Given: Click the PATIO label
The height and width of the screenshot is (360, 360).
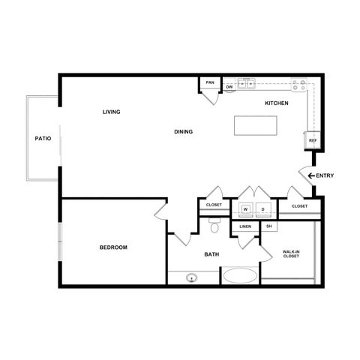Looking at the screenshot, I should [x=42, y=139].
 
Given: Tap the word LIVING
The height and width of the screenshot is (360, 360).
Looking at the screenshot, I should [x=112, y=112].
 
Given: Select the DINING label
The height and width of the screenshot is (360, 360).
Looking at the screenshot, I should [x=184, y=132].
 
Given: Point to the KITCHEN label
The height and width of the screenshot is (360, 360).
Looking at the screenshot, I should [x=277, y=103].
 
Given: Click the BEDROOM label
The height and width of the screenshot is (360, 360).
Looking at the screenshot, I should [x=112, y=247].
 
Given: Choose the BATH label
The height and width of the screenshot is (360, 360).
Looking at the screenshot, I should [x=212, y=255].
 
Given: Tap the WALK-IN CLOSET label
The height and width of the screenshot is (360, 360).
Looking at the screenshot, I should [x=291, y=254].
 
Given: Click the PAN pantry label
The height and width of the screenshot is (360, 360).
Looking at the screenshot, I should [x=210, y=84].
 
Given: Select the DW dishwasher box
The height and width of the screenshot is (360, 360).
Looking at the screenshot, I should [x=229, y=87].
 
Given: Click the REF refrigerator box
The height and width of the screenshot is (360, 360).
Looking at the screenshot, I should [x=312, y=140].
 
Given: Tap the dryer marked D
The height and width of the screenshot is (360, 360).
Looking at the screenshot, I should [x=263, y=208].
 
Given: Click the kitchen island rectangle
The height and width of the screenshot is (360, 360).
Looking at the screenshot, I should [x=257, y=126].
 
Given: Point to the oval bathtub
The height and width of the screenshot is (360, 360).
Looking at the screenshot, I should [x=238, y=276].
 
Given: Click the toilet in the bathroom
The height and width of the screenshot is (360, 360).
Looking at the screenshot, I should [x=215, y=227].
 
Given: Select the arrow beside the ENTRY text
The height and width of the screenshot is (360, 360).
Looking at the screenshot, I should [x=310, y=176].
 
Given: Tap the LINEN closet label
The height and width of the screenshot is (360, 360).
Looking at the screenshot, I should [x=245, y=226].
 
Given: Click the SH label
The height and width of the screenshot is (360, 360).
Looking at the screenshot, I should [x=268, y=226].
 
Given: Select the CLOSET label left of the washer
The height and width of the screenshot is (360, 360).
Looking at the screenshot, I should [x=212, y=205].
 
